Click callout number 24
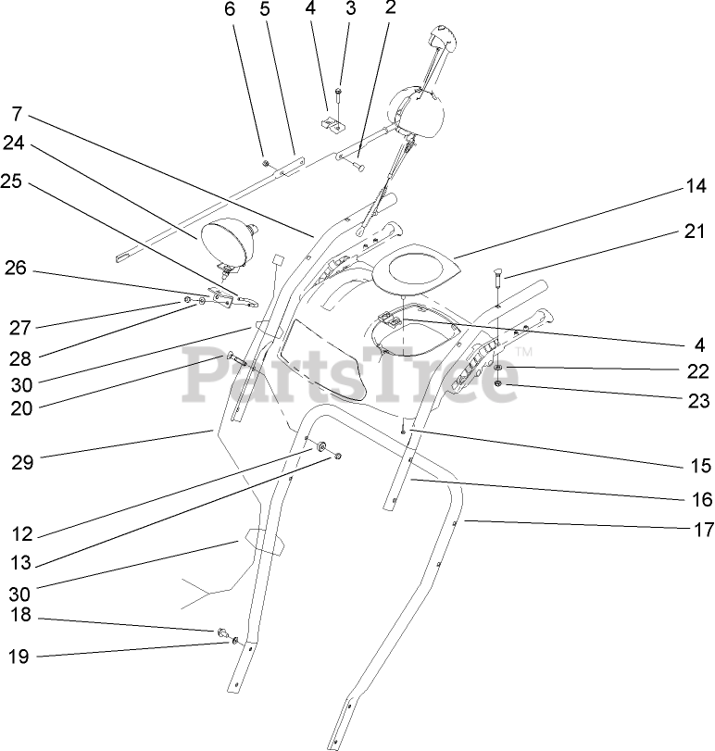[x=12, y=144]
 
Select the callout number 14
[x=696, y=185]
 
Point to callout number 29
[x=22, y=462]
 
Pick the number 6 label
[x=231, y=10]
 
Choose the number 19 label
[x=19, y=657]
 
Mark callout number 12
[x=22, y=534]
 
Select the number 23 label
[x=699, y=401]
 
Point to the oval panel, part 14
[x=418, y=267]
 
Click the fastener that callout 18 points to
[x=223, y=632]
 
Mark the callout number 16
[x=702, y=500]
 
